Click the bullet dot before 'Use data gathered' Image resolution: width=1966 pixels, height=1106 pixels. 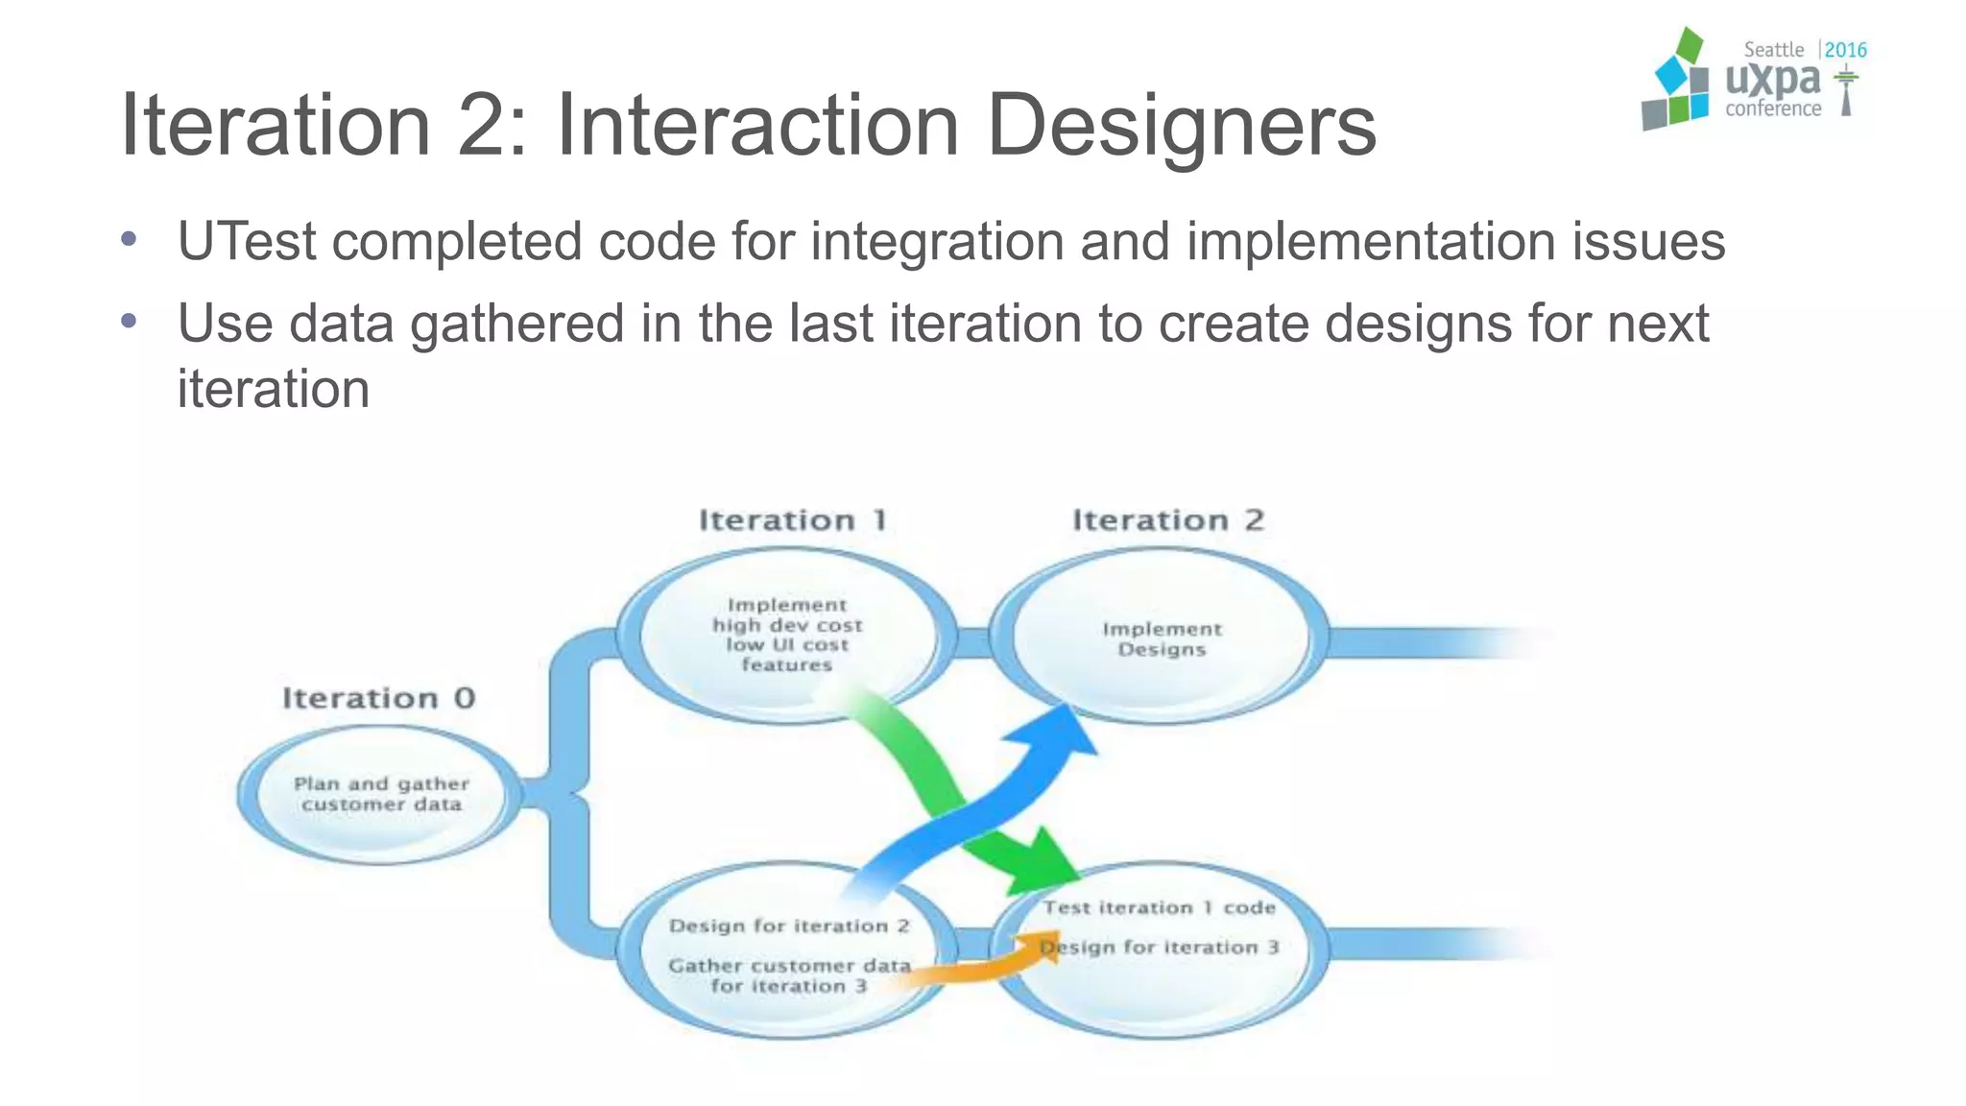tap(130, 321)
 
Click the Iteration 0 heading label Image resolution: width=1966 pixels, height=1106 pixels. tap(378, 698)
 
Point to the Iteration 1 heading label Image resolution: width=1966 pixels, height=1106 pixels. tap(793, 520)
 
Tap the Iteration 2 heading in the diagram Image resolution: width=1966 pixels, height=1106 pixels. tap(1167, 520)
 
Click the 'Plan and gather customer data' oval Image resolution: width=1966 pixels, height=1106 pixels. tap(381, 794)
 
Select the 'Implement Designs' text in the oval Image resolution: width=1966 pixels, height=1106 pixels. tap(1162, 638)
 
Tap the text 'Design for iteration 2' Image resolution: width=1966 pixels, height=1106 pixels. tap(789, 926)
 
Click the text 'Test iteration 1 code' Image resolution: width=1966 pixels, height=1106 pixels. tap(1160, 907)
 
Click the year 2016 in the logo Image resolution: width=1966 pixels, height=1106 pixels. tap(1845, 50)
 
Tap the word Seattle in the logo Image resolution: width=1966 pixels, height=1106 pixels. tap(1773, 50)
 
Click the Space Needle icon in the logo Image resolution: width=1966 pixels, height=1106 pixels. tap(1845, 92)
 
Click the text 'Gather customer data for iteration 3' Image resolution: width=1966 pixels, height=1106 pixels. tap(789, 975)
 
